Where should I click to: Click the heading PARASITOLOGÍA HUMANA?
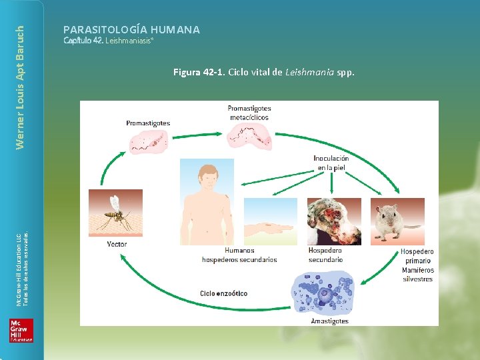(131, 29)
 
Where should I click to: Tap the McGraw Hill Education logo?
(21, 330)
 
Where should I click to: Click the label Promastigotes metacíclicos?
(249, 113)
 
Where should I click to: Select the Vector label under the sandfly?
(117, 244)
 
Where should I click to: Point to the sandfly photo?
(115, 213)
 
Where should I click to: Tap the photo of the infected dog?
(333, 221)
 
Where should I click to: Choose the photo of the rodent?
(398, 221)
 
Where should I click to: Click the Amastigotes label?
(329, 321)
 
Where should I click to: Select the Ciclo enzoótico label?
(223, 293)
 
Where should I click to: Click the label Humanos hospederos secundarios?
(239, 255)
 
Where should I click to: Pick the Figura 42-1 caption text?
(263, 72)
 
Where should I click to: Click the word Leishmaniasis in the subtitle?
(129, 41)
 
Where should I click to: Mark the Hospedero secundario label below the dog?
(325, 255)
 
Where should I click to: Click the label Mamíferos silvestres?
(417, 275)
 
